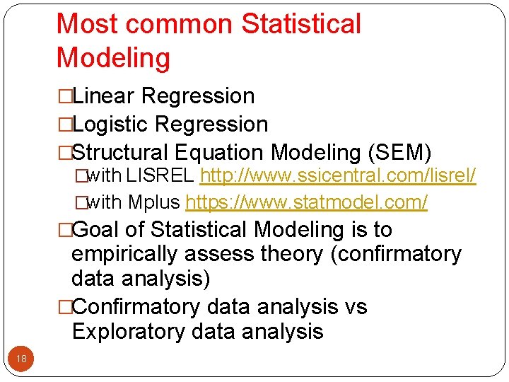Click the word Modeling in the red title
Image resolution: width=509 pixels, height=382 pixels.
click(113, 58)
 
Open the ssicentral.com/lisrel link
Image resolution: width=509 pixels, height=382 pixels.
click(338, 176)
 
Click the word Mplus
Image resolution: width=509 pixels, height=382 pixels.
click(153, 203)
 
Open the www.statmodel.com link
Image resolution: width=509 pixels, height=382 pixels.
click(306, 203)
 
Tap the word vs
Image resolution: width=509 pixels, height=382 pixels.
click(355, 307)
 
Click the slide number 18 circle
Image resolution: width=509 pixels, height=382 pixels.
click(21, 359)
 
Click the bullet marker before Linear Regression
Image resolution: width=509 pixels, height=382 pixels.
click(65, 96)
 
